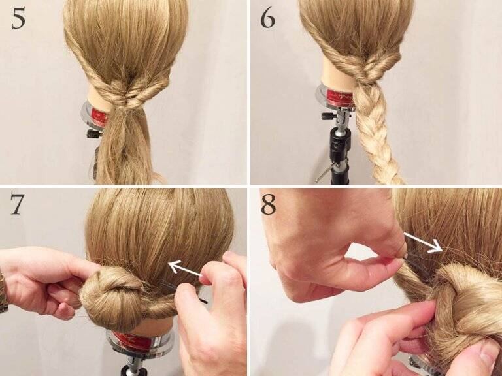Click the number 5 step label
coord(18,20)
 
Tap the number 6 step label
coord(267,18)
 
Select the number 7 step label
coord(17,204)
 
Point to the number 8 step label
coord(268,204)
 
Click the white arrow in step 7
coord(185,268)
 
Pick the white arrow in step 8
coord(423,243)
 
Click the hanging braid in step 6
coord(377,134)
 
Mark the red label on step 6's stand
coord(340,95)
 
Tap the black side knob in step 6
coord(328,116)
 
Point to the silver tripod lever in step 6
coord(325,173)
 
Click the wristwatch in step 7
coord(3,292)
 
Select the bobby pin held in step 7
coord(182,290)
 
